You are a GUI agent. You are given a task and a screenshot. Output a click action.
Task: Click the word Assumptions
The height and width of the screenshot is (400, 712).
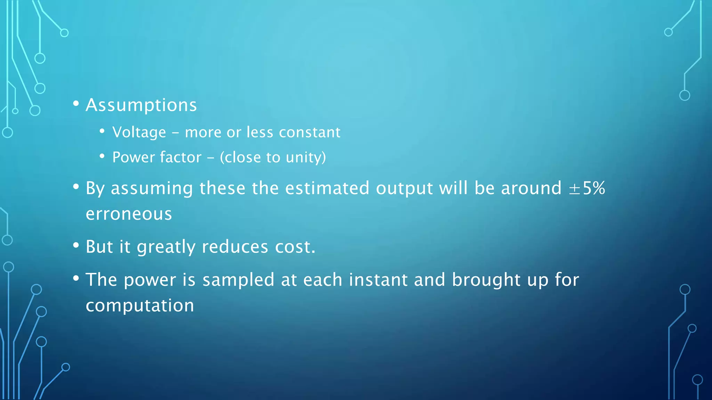click(x=141, y=105)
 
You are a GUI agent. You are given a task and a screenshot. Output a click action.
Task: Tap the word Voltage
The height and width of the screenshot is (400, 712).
click(x=139, y=133)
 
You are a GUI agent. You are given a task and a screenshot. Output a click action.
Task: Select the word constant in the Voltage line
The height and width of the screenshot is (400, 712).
click(x=309, y=132)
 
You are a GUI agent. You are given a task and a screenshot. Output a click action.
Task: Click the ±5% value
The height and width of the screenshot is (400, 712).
click(x=587, y=188)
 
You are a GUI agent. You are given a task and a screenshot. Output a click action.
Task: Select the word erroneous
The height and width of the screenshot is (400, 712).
click(x=129, y=214)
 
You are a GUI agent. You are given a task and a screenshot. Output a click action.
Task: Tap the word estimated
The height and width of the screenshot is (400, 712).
click(x=327, y=188)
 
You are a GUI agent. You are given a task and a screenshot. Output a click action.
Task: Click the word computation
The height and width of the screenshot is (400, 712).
click(x=140, y=306)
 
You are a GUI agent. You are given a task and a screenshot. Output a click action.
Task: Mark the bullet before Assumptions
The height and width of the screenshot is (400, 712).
click(x=76, y=103)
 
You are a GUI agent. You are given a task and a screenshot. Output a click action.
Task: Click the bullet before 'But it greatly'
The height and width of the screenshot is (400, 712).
click(x=76, y=245)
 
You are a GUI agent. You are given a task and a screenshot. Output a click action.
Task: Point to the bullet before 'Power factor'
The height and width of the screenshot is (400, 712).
click(x=102, y=156)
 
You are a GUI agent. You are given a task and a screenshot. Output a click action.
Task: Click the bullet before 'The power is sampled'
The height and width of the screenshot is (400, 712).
click(x=76, y=278)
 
